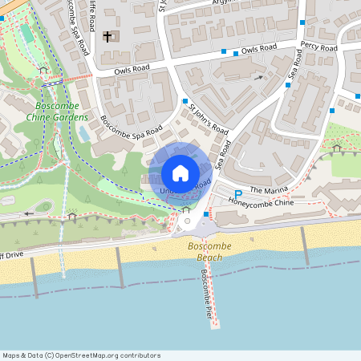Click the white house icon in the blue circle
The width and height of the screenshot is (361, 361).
point(180,172)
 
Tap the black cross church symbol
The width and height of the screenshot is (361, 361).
point(107,37)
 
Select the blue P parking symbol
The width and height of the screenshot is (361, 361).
point(237,194)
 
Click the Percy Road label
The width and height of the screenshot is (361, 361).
point(318,48)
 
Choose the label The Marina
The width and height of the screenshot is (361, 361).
point(268,189)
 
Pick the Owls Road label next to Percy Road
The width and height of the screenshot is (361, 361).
point(259,49)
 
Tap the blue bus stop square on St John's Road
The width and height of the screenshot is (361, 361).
point(185,102)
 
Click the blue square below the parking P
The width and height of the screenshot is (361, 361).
point(207,214)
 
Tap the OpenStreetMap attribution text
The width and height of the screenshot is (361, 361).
point(81,355)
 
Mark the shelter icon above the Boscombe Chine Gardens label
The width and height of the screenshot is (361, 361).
point(43,70)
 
